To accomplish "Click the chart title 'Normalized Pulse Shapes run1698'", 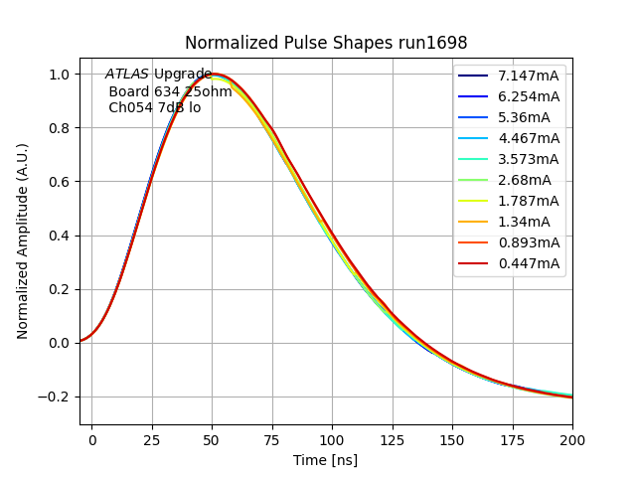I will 326,43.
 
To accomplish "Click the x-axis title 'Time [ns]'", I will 325,460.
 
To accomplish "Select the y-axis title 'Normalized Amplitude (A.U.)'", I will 23,240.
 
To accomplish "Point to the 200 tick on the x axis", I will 572,438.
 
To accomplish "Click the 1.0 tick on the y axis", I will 60,75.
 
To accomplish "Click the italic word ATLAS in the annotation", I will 126,75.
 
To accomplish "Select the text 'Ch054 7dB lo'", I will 154,107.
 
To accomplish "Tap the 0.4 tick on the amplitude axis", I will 60,237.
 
